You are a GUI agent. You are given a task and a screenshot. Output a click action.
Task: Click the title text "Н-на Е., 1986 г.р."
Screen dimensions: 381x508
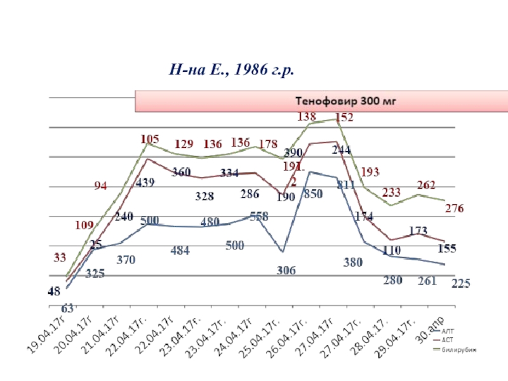coord(231,69)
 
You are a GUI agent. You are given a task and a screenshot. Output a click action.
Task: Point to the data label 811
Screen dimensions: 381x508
coord(347,185)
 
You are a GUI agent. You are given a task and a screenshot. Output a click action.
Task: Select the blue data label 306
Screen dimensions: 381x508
coord(286,270)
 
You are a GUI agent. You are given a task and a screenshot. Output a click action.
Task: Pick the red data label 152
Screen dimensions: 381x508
coord(344,117)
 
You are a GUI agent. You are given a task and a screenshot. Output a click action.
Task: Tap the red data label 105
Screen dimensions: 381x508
coord(149,139)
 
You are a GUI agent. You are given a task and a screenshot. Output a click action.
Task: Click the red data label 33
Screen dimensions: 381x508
coord(59,257)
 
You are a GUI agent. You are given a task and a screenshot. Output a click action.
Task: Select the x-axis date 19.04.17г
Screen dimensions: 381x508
coord(50,331)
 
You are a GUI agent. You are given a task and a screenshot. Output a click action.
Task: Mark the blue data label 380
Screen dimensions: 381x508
coord(353,262)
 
